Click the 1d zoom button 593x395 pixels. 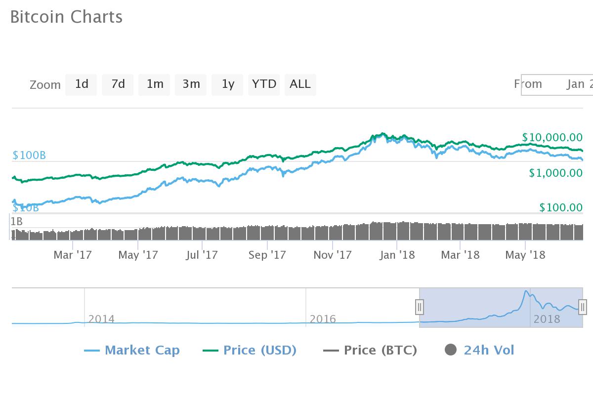click(81, 84)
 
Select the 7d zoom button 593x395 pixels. click(118, 84)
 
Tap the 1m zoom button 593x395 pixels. click(154, 84)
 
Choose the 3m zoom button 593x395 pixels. click(191, 84)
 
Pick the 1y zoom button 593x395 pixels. click(227, 84)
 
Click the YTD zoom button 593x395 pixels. click(264, 84)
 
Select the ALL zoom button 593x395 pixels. click(300, 84)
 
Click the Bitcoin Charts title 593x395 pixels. click(66, 17)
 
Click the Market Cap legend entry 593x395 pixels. click(132, 351)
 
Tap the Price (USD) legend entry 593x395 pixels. click(250, 351)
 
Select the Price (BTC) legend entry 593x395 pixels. click(370, 351)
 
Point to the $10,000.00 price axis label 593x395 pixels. click(552, 137)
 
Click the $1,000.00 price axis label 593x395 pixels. click(555, 173)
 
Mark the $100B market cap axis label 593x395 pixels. click(29, 156)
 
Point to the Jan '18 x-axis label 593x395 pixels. click(397, 255)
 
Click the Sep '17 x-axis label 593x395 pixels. click(267, 255)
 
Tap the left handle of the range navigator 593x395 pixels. click(419, 307)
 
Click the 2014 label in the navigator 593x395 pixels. click(101, 319)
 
